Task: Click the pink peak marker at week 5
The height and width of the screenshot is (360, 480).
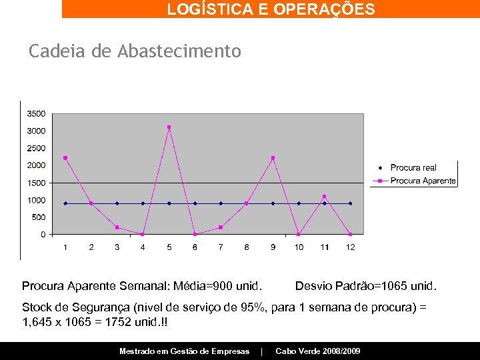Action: point(169,127)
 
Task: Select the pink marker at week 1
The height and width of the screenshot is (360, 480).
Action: point(65,158)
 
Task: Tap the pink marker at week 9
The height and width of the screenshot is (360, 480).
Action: point(273,158)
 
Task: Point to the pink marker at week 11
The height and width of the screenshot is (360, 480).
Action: point(325,197)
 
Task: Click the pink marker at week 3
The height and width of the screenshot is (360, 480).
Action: point(117,227)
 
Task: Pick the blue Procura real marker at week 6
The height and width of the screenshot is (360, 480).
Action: point(195,203)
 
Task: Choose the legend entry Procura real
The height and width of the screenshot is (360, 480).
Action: point(413,168)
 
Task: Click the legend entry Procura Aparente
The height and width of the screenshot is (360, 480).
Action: point(423,181)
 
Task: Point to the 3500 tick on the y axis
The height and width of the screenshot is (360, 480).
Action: point(36,113)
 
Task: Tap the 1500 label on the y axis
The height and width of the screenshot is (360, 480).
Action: point(36,183)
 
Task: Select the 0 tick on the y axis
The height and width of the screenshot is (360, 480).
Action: point(43,235)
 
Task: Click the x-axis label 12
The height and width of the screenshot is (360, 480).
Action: point(351,247)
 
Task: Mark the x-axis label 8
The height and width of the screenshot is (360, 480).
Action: point(247,247)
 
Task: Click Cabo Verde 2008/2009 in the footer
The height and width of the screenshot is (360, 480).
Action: point(317,351)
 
